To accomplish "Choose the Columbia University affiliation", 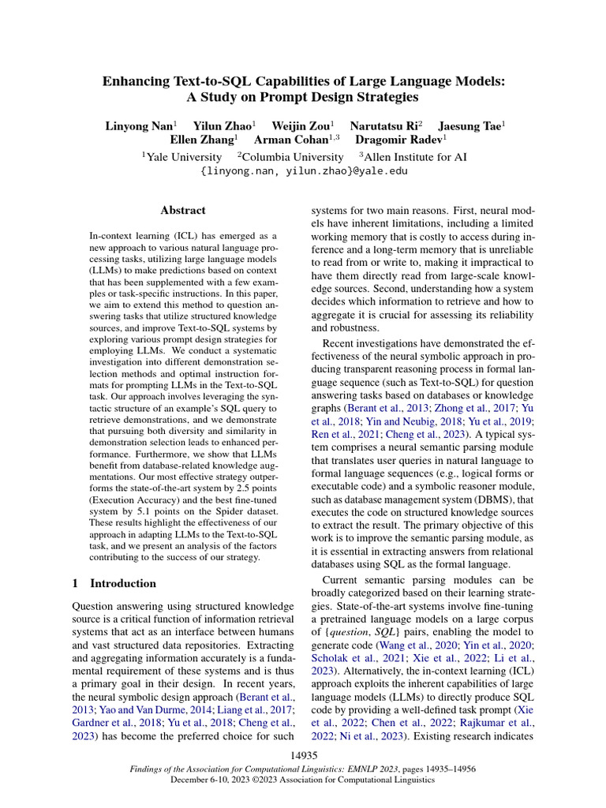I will (x=293, y=157).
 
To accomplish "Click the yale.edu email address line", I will (x=303, y=171).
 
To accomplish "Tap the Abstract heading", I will (x=182, y=211).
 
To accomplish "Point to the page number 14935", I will (x=303, y=756).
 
